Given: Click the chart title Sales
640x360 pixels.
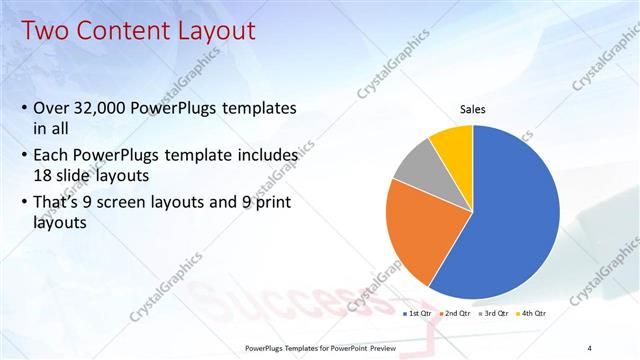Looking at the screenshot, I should point(472,109).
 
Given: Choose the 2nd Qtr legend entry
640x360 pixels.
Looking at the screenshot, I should point(456,313).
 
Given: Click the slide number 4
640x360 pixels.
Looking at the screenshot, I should point(589,347).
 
